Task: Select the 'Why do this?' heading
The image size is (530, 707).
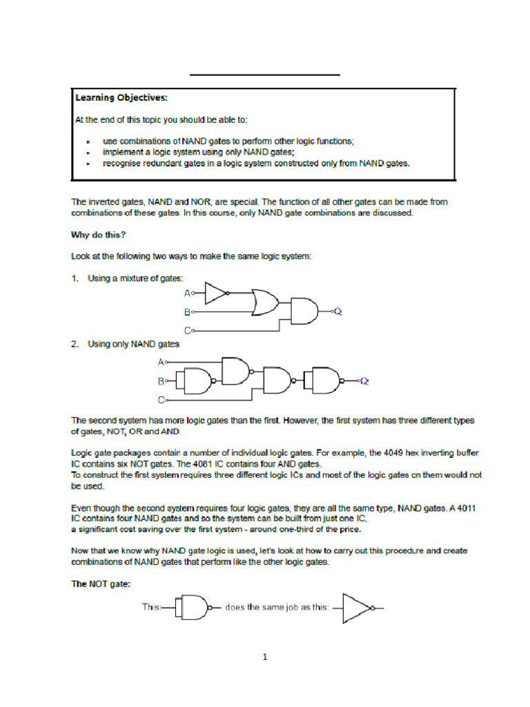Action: pyautogui.click(x=99, y=235)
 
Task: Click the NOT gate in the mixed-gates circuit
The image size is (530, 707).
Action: pyautogui.click(x=216, y=294)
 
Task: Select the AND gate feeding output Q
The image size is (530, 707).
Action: pyautogui.click(x=304, y=311)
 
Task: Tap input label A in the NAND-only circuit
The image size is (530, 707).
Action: pyautogui.click(x=161, y=362)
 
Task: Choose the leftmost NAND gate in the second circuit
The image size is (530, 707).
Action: pyautogui.click(x=197, y=380)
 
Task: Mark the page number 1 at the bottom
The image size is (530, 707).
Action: pyautogui.click(x=264, y=657)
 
